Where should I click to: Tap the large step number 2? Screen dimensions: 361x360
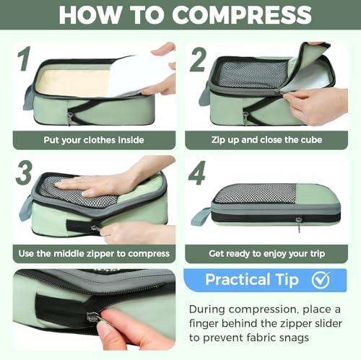tap(198, 60)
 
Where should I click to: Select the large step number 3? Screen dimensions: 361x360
tap(24, 172)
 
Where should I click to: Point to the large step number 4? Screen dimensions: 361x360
tap(197, 172)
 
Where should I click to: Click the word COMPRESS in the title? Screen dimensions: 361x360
tap(242, 14)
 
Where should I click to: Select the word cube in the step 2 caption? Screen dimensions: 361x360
tap(311, 140)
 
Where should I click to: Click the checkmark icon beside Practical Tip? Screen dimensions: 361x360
tap(321, 280)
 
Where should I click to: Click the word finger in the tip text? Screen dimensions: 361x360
tap(204, 324)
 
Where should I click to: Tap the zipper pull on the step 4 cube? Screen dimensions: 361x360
tap(299, 224)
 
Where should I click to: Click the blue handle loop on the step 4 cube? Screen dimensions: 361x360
tap(200, 217)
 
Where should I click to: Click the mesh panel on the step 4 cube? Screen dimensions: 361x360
tap(256, 194)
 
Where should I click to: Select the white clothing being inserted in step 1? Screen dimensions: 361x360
tap(139, 74)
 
